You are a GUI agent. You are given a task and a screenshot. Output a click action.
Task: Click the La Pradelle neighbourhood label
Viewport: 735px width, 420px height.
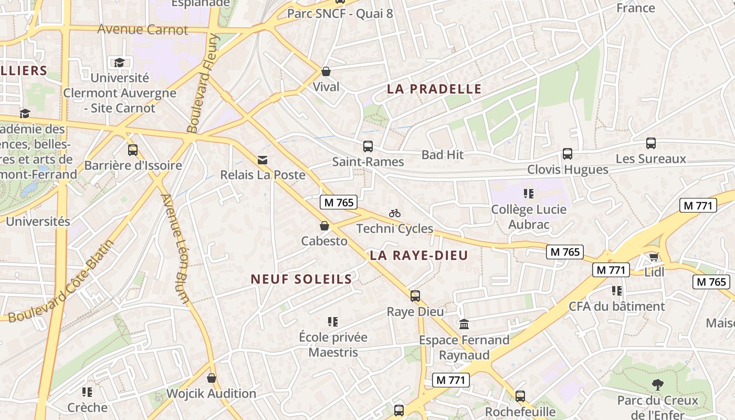coord(434,89)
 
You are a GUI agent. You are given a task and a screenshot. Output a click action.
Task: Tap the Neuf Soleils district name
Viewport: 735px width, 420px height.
coord(301,279)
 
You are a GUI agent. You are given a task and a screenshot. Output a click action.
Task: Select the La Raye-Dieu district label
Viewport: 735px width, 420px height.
coord(418,256)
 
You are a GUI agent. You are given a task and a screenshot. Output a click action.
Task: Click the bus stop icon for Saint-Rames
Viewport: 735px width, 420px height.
coord(368,146)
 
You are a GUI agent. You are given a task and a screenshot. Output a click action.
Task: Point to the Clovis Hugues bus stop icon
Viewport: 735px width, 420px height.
coord(568,154)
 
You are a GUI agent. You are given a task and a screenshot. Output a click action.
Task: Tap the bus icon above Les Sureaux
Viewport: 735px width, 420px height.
coord(651,143)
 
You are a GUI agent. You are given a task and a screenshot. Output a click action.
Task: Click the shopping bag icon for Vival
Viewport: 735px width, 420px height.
coord(326,71)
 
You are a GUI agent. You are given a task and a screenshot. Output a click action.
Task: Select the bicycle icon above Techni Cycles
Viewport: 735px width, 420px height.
coord(395,213)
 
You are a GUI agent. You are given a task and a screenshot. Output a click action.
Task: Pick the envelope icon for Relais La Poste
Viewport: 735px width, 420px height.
coord(262,160)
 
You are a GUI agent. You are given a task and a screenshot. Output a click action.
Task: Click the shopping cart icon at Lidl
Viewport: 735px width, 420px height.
coord(654,257)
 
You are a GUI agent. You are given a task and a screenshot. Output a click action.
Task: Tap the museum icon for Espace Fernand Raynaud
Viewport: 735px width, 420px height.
coord(464,324)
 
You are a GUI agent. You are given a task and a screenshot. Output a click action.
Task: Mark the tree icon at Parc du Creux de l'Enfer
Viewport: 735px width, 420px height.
coord(657,385)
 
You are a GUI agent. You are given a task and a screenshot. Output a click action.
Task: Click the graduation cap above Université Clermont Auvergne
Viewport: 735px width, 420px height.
coord(120,63)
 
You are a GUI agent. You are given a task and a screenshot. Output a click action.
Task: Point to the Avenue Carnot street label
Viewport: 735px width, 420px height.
coord(142,29)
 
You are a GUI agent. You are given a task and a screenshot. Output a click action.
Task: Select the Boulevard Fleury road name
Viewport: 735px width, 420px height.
coord(203,83)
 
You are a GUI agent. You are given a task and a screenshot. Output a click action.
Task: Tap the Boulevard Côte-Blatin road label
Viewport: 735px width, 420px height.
coord(61,282)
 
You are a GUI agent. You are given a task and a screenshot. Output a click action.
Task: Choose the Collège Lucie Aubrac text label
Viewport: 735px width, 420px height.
coord(529,217)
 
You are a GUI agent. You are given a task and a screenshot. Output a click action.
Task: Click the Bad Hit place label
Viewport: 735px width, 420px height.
coord(443,154)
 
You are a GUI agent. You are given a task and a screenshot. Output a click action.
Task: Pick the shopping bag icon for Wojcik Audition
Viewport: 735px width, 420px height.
coord(212,378)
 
